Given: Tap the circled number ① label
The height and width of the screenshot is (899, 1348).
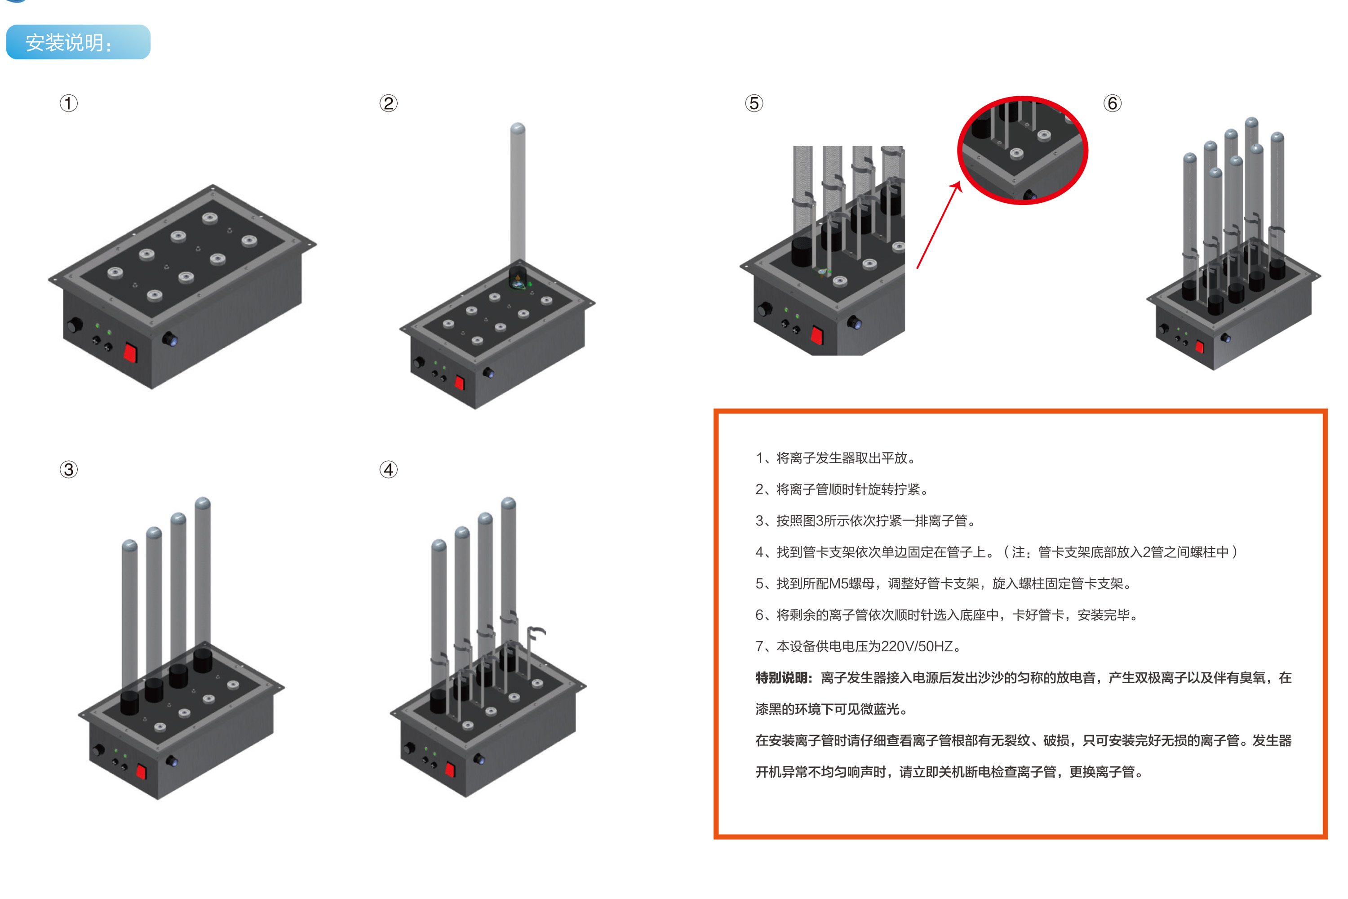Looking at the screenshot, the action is click(x=69, y=103).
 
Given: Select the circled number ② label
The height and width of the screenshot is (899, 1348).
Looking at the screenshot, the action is click(x=389, y=103).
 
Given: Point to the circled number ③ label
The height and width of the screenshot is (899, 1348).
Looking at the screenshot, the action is click(x=69, y=470).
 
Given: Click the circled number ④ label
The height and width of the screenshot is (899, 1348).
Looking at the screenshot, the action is click(x=389, y=470).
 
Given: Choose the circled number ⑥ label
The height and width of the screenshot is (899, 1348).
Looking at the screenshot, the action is click(x=1113, y=103).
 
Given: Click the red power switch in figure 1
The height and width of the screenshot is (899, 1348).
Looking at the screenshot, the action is click(x=131, y=352).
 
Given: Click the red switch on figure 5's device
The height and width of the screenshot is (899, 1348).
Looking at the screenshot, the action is click(x=817, y=335).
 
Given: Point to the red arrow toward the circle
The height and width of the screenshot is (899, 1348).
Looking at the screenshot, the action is click(x=939, y=225).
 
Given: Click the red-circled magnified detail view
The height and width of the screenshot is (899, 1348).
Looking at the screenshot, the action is click(x=1023, y=150).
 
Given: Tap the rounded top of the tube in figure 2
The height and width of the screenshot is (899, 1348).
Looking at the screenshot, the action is click(x=518, y=129).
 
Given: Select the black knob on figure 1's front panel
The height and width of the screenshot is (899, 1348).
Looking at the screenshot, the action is click(x=75, y=325).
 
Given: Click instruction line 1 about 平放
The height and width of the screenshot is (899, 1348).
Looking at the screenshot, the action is click(x=836, y=458).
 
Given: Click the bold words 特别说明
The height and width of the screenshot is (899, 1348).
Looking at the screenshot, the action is click(x=782, y=678).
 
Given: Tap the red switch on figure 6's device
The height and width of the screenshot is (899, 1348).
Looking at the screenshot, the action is click(x=1200, y=346).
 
